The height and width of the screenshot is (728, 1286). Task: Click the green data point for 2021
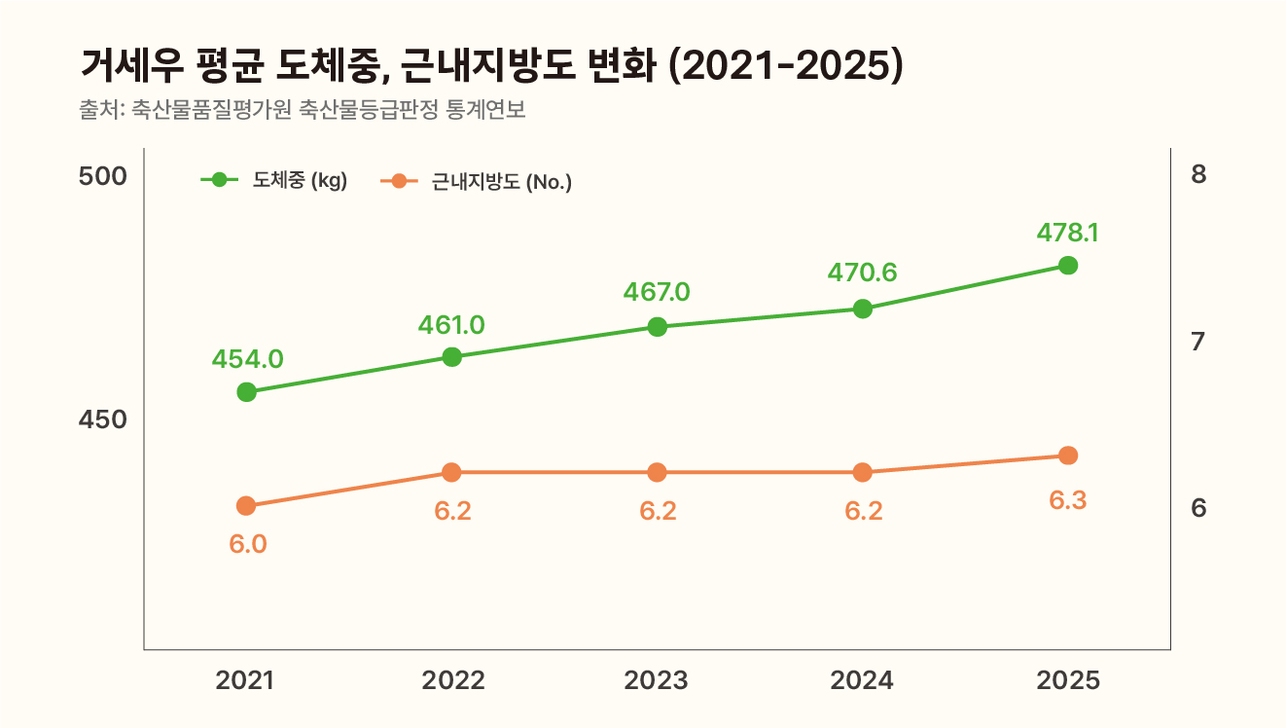tap(246, 392)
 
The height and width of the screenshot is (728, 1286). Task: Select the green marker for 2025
tap(1067, 266)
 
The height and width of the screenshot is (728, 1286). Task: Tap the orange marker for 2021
tap(246, 506)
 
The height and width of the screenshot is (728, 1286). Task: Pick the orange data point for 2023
tap(657, 473)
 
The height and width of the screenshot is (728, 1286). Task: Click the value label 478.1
tap(1067, 233)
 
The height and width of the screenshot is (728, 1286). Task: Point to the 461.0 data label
tap(451, 324)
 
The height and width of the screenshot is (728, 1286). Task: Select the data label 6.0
tap(247, 544)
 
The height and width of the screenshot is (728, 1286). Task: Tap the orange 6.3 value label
tap(1067, 501)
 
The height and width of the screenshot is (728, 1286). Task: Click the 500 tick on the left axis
tap(103, 177)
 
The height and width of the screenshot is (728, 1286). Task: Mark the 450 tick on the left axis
tap(103, 419)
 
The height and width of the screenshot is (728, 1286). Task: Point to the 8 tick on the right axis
tap(1198, 175)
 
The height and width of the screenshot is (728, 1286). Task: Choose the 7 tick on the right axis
tap(1198, 342)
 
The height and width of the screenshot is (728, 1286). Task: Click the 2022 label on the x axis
tap(452, 680)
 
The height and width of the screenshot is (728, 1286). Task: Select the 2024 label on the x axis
tap(862, 680)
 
